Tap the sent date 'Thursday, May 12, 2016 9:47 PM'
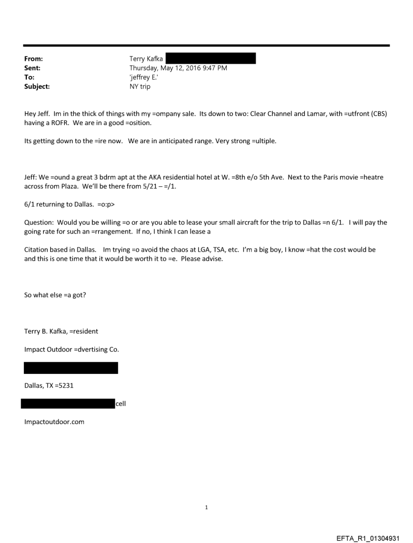[x=178, y=68]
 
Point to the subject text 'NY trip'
[x=140, y=87]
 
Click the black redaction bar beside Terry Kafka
[x=211, y=59]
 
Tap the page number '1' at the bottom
[x=206, y=507]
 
